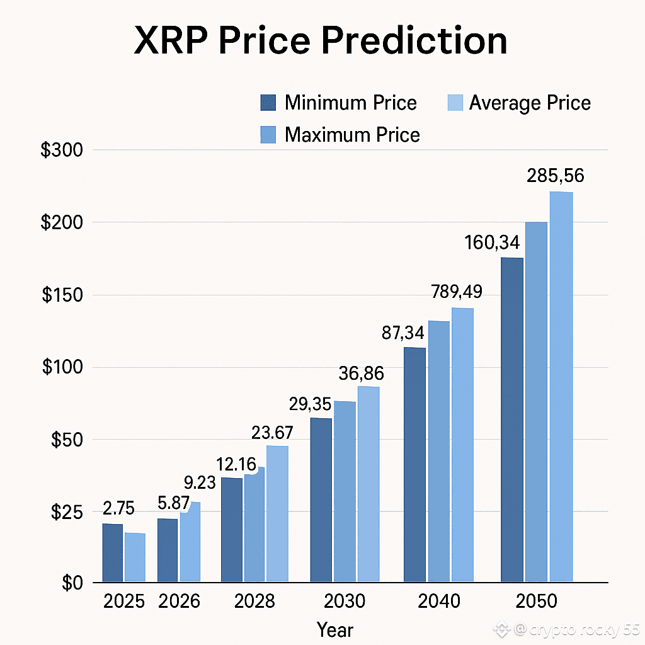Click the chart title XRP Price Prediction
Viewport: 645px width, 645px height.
(x=321, y=41)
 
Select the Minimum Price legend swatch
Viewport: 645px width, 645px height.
(x=268, y=103)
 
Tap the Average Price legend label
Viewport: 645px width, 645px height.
(x=530, y=103)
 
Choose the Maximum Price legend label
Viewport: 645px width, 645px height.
(x=352, y=134)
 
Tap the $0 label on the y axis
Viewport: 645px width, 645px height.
(x=72, y=583)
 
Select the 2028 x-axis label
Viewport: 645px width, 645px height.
(x=254, y=602)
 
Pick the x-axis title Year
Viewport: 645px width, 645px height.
(x=335, y=629)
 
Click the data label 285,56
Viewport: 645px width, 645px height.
(x=555, y=176)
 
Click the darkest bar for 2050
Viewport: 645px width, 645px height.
(x=511, y=419)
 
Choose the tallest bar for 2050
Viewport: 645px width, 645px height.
(x=561, y=386)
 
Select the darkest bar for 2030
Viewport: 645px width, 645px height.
(x=321, y=499)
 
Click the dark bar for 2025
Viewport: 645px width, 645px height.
(x=113, y=552)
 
